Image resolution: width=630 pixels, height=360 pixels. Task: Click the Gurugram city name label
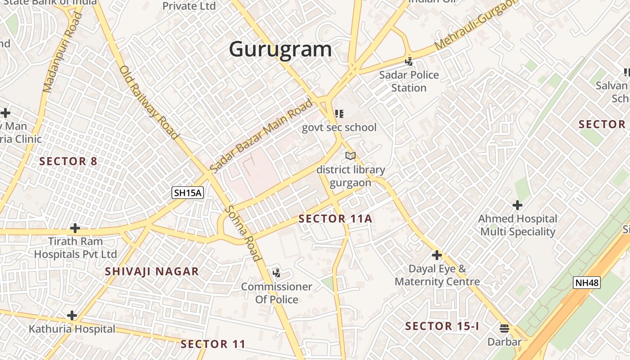[x=280, y=49]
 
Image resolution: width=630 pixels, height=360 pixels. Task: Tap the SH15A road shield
[x=188, y=193]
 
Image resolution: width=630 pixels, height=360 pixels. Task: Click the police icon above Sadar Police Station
[x=409, y=61]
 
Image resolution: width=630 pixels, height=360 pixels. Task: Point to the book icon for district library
[x=351, y=156]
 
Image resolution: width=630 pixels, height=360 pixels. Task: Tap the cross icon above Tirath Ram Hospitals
[x=75, y=228]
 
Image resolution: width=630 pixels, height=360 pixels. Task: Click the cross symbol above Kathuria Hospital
[x=72, y=315]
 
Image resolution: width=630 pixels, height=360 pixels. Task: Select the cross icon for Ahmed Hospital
[x=517, y=206]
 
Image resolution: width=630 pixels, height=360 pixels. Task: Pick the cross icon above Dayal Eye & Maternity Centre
[x=436, y=256]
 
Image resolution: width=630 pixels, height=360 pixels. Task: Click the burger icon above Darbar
[x=504, y=328]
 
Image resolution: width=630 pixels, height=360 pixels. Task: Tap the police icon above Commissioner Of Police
[x=277, y=273]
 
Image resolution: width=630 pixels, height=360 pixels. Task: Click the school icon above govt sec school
[x=339, y=114]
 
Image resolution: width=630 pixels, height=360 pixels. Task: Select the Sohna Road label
[x=243, y=233]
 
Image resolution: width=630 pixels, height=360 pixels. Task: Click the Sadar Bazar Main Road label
[x=261, y=136]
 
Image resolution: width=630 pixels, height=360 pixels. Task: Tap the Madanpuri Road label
[x=63, y=52]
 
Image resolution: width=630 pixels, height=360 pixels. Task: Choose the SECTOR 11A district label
[x=335, y=219]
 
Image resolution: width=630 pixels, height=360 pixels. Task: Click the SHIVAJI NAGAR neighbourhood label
[x=152, y=271]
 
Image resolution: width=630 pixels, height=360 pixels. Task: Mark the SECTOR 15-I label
[x=442, y=326]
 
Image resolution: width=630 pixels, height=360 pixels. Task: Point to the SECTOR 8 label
[x=68, y=161]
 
